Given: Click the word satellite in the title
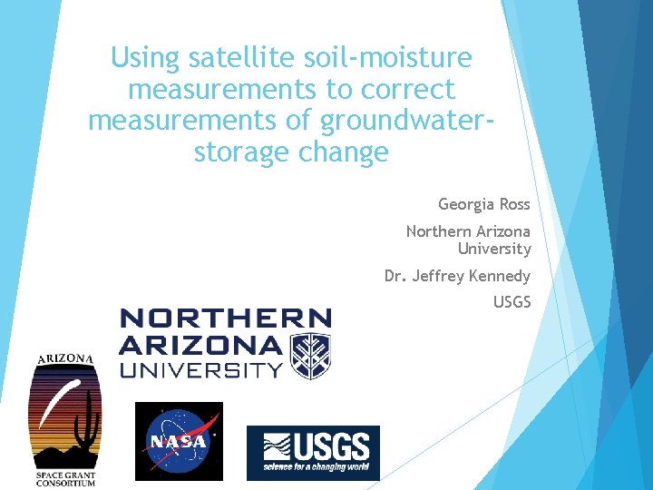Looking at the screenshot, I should (x=229, y=58).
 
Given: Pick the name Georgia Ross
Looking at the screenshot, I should (x=484, y=204).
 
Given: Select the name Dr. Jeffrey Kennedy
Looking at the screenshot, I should (x=457, y=276).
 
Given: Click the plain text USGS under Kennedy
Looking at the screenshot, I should (x=512, y=302).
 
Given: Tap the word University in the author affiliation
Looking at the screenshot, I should (x=494, y=249).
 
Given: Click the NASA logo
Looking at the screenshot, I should (x=179, y=440).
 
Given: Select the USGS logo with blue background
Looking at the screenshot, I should (x=313, y=452).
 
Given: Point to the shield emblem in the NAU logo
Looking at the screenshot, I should (x=309, y=355).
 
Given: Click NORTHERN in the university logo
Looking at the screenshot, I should (x=225, y=318).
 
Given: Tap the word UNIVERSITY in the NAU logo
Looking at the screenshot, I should (x=201, y=369).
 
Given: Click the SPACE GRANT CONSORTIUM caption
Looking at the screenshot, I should (x=64, y=477).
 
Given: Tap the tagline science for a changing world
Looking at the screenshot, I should (x=317, y=468).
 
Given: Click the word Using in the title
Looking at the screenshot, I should (x=146, y=58).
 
